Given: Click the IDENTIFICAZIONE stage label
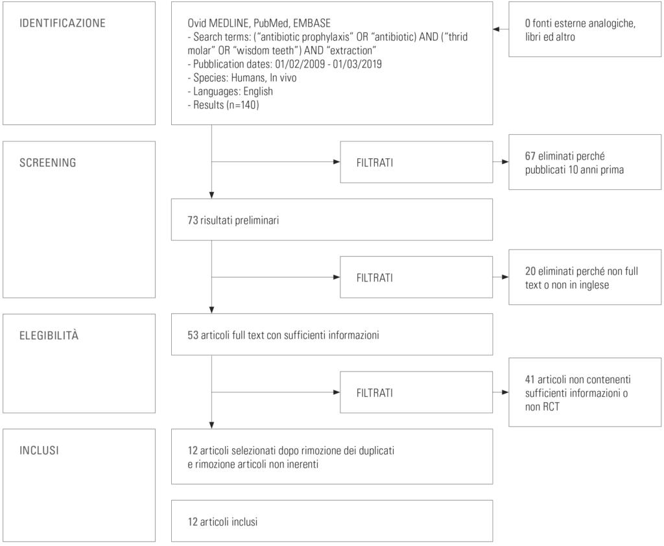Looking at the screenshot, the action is [x=62, y=23].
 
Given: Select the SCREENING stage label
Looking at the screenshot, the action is [x=48, y=163].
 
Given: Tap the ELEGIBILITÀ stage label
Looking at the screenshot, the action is [x=49, y=335].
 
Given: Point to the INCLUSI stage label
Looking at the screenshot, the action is [x=39, y=450].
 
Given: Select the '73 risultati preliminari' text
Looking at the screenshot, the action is [x=233, y=220].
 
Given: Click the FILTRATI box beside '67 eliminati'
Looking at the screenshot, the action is [x=416, y=162].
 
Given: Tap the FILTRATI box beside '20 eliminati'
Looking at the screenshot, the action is [x=416, y=278].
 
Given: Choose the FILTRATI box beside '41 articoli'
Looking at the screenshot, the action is [x=416, y=393].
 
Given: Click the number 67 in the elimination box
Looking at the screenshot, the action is [x=530, y=156].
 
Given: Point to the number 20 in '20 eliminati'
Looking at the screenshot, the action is [x=530, y=271].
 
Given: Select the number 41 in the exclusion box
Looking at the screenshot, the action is [x=530, y=379].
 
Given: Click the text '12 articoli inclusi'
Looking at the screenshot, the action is [x=223, y=522].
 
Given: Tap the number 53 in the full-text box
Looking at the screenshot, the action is [x=193, y=335].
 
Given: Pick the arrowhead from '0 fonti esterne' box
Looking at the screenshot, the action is [x=496, y=29].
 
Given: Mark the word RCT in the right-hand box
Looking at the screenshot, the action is [x=551, y=407].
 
